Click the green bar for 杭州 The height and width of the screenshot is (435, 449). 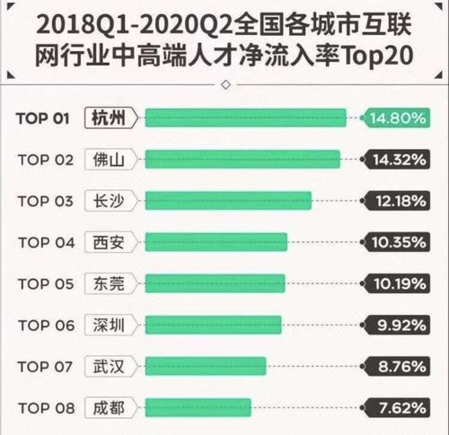[x=245, y=117]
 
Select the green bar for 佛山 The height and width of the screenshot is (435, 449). [x=242, y=159]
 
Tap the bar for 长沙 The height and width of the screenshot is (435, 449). [x=228, y=200]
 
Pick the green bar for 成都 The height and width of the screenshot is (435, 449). [x=198, y=407]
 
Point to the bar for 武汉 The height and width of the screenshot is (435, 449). [x=206, y=366]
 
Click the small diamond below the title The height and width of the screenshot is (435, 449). [x=224, y=87]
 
